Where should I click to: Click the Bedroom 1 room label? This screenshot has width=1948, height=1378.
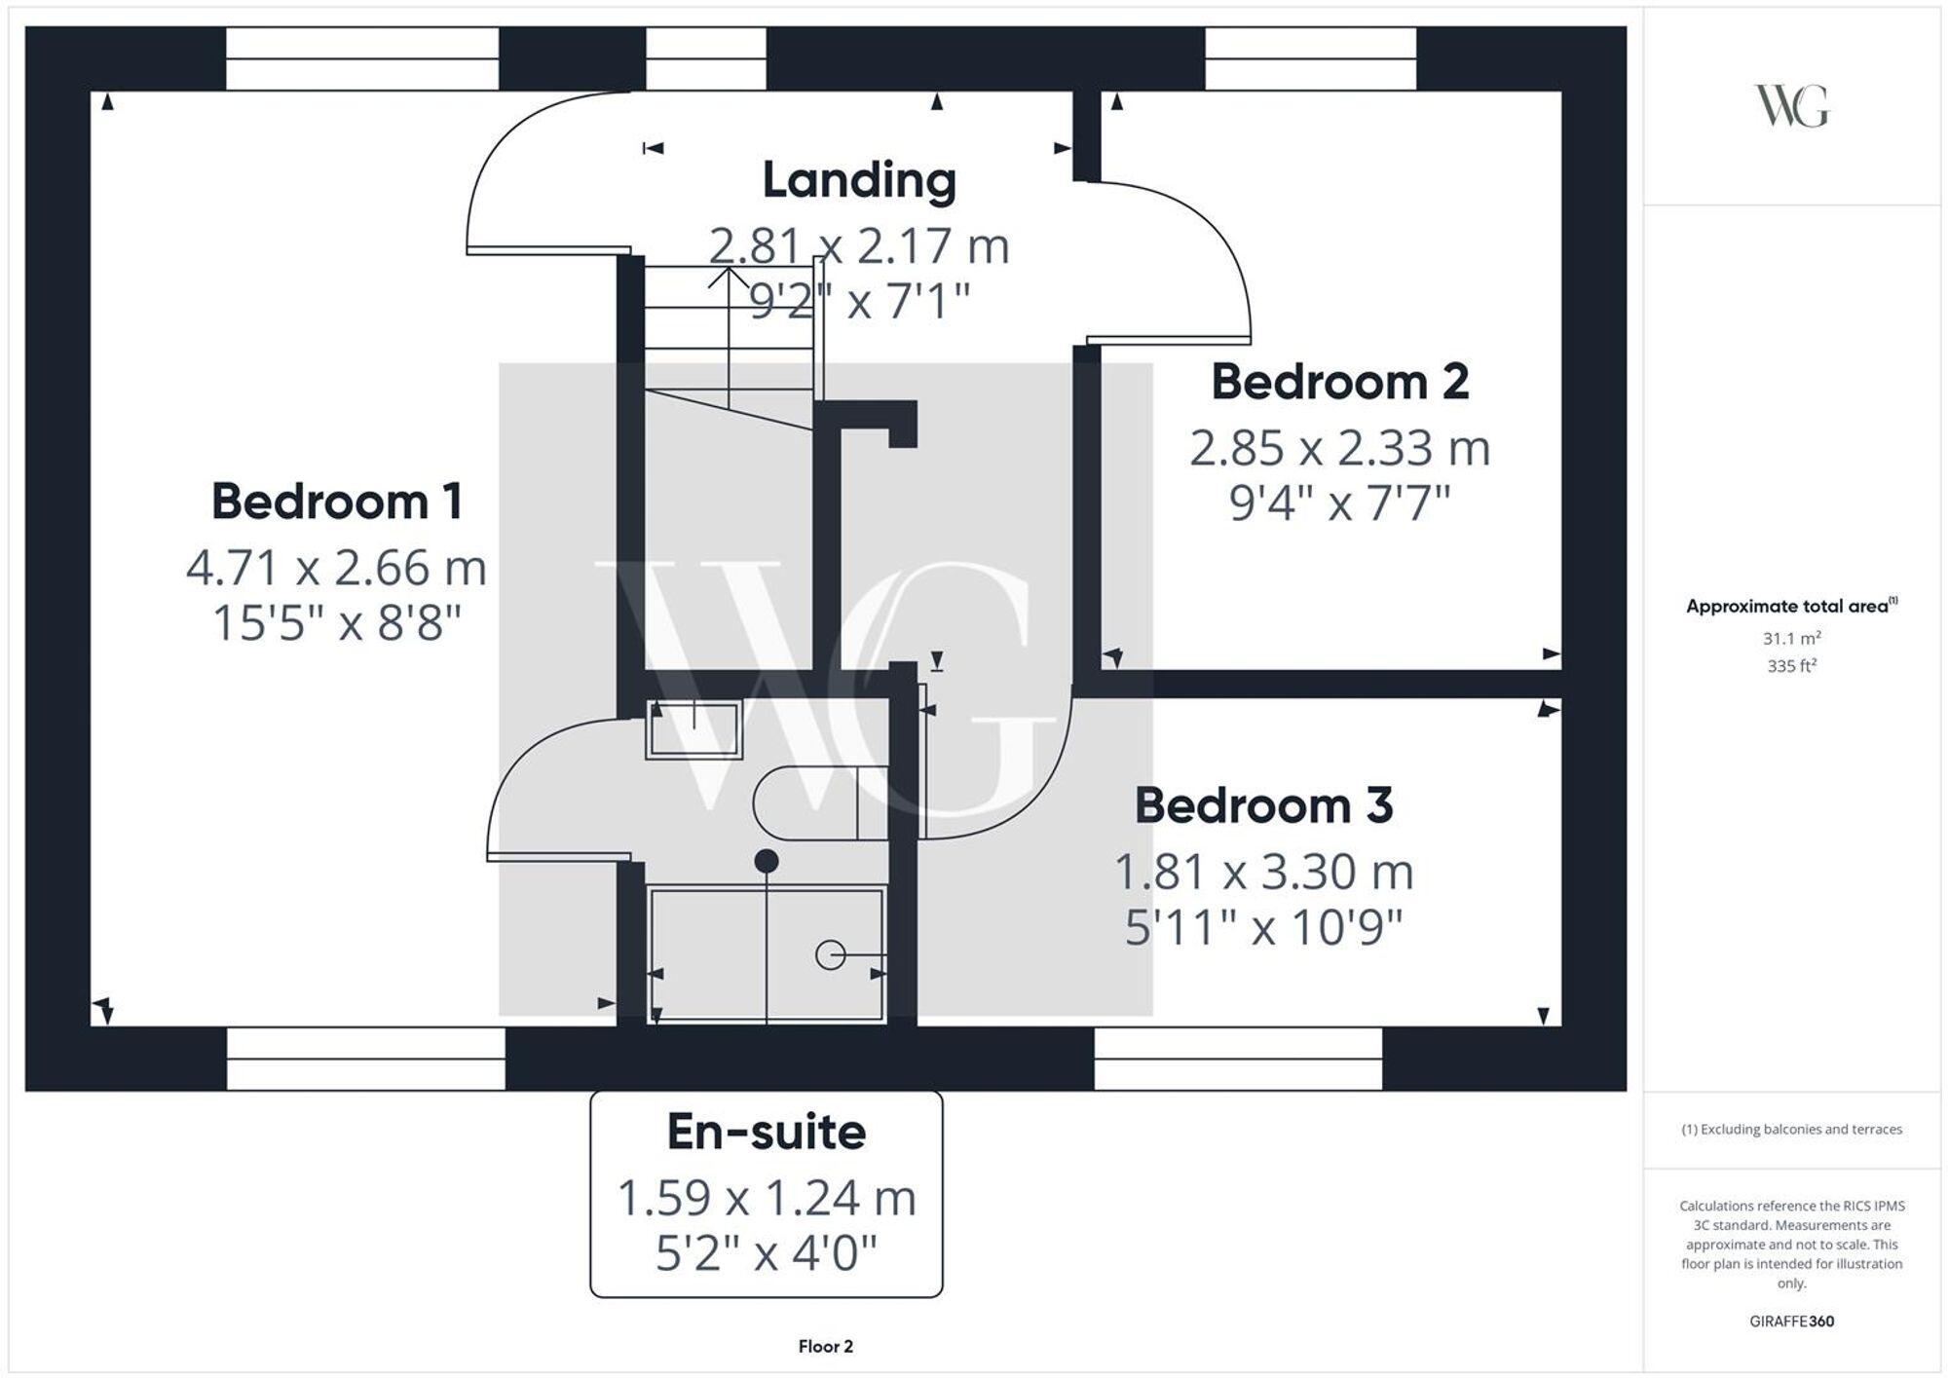tap(336, 503)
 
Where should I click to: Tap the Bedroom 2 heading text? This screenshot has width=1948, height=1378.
tap(1339, 382)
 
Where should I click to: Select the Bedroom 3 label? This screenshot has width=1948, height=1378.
tap(1263, 806)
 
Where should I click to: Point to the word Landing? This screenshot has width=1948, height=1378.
tap(858, 181)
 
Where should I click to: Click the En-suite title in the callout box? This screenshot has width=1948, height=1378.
tap(767, 1133)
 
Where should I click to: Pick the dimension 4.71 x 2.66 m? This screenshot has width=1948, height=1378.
tap(336, 568)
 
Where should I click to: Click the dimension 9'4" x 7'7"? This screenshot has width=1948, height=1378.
tap(1339, 504)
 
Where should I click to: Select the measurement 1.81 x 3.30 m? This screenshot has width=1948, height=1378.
tap(1263, 873)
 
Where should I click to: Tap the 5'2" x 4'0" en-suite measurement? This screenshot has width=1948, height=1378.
tap(767, 1253)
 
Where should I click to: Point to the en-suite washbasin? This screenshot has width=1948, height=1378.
tap(693, 729)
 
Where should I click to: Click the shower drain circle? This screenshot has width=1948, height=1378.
tap(830, 955)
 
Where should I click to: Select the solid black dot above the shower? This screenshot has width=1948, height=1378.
tap(767, 861)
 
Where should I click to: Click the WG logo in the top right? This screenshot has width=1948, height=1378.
tap(1791, 106)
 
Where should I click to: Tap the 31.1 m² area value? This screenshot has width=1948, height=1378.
tap(1791, 639)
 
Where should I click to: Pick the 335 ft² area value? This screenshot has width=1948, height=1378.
tap(1791, 667)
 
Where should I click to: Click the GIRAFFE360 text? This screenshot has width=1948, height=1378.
tap(1791, 1322)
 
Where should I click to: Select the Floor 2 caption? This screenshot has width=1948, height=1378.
tap(825, 1347)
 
